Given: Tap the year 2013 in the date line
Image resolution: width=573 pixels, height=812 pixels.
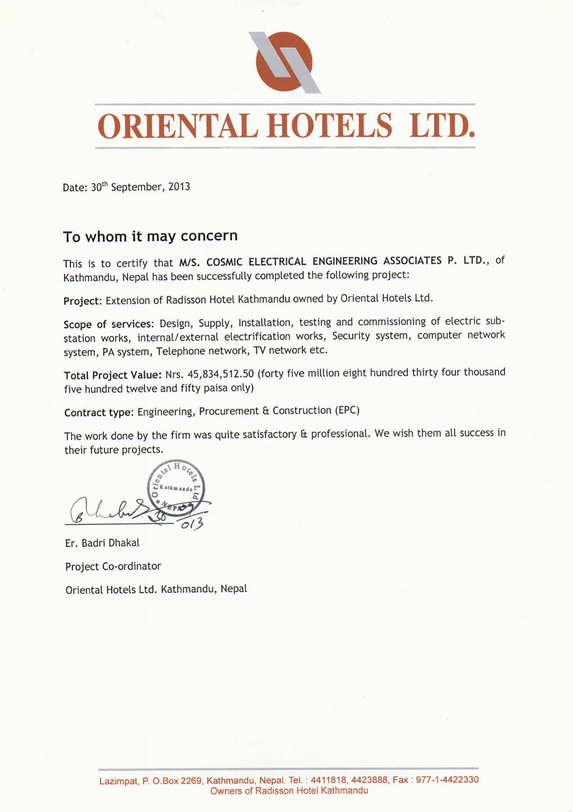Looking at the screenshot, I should click(179, 186).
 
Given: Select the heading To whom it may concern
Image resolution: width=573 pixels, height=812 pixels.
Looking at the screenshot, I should click(150, 236).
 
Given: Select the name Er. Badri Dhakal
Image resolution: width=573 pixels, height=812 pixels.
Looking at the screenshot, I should click(102, 543).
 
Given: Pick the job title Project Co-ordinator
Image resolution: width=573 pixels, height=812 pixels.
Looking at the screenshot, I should click(113, 566).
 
